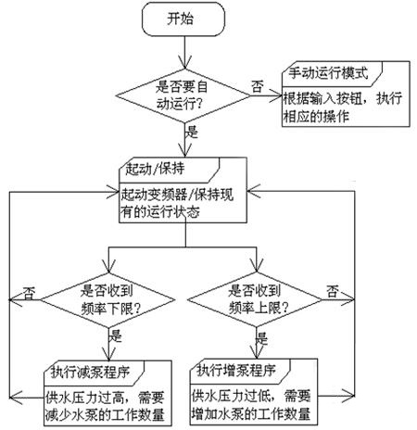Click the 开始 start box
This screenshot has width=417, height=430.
pos(183,19)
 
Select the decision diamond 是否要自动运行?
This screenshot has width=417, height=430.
pos(183,95)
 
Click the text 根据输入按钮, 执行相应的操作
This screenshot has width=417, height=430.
pos(343,107)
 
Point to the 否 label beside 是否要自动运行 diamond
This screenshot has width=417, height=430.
pos(258,86)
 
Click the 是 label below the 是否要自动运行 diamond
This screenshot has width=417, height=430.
pos(192,132)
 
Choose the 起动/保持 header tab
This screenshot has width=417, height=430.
pos(170,170)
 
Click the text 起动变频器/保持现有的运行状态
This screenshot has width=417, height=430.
pos(177,203)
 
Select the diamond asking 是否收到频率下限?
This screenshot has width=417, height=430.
pos(107,300)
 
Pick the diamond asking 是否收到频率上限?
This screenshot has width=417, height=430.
pos(255,299)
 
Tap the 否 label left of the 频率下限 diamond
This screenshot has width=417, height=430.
pos(30,294)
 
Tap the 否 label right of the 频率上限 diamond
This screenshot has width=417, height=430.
pos(333,291)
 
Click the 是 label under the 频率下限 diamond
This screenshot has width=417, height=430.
pos(116,336)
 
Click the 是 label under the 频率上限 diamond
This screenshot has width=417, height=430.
pos(262,338)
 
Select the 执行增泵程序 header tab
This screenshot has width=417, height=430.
pos(240,372)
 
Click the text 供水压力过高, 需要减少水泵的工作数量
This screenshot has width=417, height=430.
pos(105,406)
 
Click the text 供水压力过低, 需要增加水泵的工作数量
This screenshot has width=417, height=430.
pos(251,405)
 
